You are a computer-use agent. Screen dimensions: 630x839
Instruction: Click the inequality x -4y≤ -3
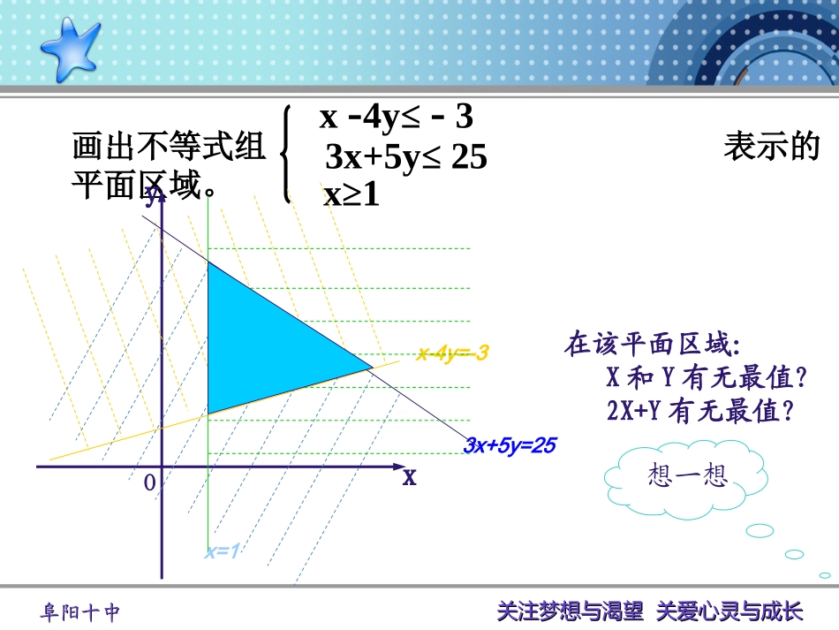(397, 117)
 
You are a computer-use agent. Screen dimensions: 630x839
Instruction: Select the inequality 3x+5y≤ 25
(406, 157)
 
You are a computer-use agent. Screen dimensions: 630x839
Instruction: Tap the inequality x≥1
(351, 195)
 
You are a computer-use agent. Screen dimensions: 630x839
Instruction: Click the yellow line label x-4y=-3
(452, 353)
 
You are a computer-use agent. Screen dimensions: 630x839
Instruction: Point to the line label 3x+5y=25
(510, 445)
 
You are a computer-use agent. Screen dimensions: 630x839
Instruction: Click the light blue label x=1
(223, 552)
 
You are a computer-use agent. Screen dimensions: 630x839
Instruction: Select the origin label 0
(149, 482)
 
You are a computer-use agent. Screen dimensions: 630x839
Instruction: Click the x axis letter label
(409, 477)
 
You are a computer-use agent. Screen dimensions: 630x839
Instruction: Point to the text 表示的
(772, 147)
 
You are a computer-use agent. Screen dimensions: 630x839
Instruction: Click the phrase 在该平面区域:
(652, 344)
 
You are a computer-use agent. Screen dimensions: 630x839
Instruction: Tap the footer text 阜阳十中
(80, 612)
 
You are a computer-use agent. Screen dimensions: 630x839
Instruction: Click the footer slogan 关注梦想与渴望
(571, 611)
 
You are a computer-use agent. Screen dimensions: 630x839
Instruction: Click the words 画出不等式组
(168, 147)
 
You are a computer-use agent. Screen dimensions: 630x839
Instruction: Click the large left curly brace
(285, 155)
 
